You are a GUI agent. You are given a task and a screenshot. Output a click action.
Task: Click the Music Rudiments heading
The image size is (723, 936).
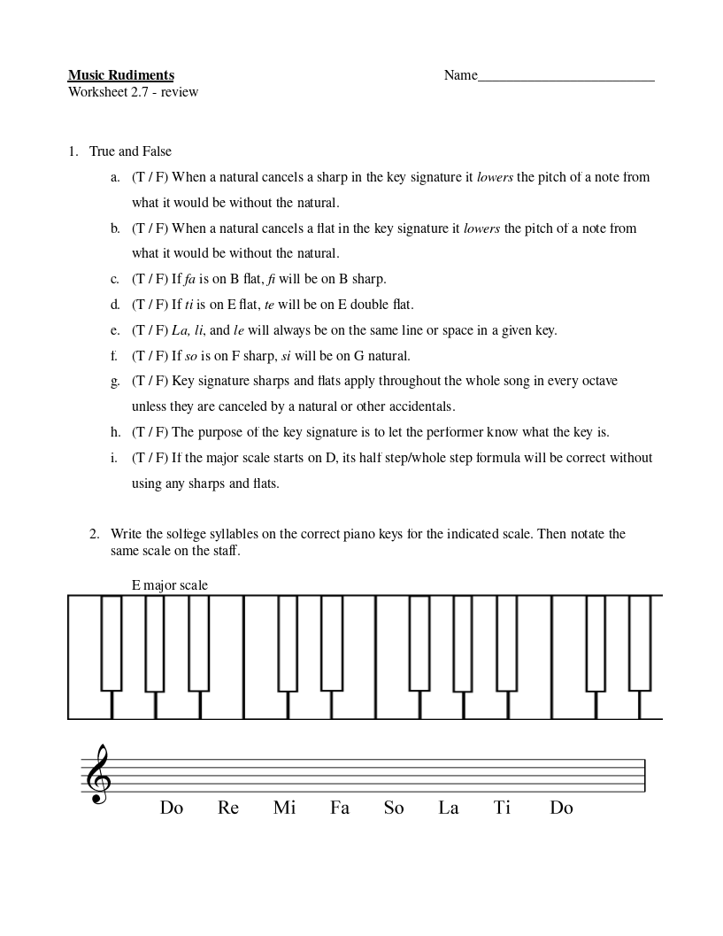(x=120, y=75)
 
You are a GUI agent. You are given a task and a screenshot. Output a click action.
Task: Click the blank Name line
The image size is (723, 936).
(x=565, y=77)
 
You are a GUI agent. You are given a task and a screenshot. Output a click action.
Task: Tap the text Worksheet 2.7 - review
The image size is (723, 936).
(x=133, y=92)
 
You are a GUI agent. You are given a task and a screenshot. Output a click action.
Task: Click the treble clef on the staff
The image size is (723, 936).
(x=97, y=774)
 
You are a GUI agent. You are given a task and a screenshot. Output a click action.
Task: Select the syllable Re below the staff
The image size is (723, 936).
(x=228, y=808)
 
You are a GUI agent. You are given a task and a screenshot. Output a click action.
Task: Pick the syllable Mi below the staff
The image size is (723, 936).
(x=284, y=808)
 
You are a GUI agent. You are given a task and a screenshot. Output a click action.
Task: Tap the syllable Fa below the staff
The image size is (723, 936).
(x=340, y=808)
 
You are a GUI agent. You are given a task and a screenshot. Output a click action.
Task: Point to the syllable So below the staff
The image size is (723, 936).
(x=394, y=808)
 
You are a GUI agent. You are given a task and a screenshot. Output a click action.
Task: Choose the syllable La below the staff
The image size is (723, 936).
(x=449, y=808)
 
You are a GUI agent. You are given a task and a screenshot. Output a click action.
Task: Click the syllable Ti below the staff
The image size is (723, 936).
(x=503, y=808)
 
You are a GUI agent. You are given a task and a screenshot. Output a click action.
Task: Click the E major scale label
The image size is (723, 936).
(x=170, y=585)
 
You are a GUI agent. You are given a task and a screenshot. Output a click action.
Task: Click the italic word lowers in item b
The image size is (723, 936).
(x=483, y=228)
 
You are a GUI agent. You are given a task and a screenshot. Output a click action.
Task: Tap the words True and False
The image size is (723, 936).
(x=130, y=151)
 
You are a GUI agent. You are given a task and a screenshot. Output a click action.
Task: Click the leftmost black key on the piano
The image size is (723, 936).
(x=111, y=642)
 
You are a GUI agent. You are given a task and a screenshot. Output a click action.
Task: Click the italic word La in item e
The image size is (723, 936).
(x=181, y=330)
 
